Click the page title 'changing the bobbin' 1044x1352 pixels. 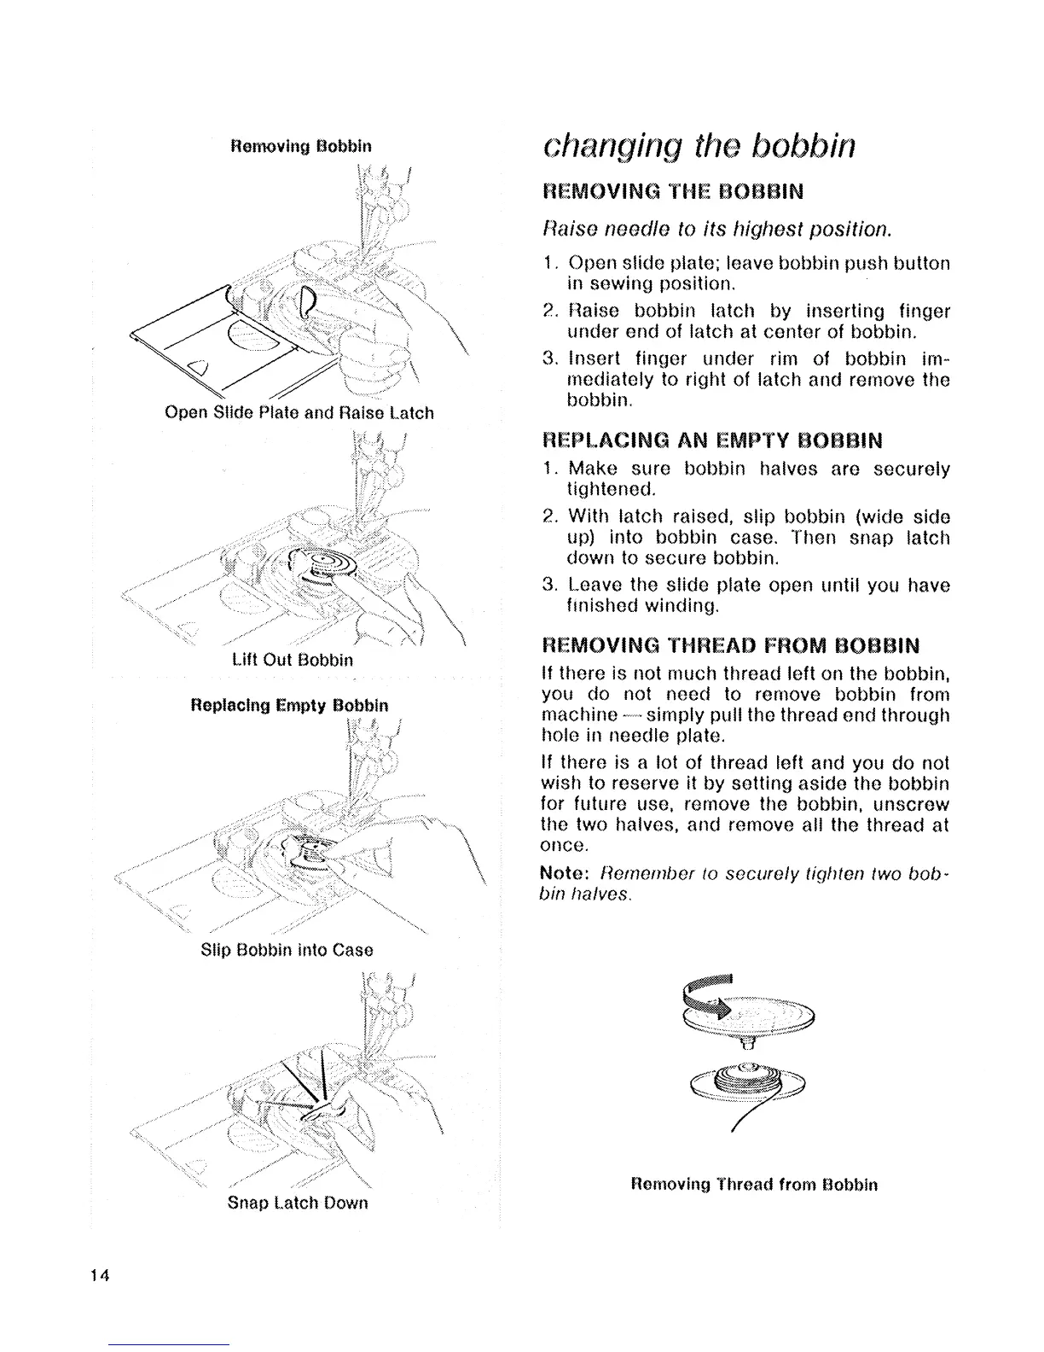pyautogui.click(x=698, y=146)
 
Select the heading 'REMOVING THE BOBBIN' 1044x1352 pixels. pyautogui.click(x=673, y=191)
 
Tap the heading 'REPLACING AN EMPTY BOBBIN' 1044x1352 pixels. pyautogui.click(x=712, y=441)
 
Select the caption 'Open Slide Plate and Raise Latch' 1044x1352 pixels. pyautogui.click(x=299, y=413)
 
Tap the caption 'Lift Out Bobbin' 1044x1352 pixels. pyautogui.click(x=292, y=660)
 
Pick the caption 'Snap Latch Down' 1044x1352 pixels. pyautogui.click(x=298, y=1203)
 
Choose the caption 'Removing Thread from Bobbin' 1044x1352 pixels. pyautogui.click(x=754, y=1185)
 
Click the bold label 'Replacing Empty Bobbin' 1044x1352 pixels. pyautogui.click(x=290, y=706)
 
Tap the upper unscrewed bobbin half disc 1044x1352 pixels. pyautogui.click(x=759, y=1014)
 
